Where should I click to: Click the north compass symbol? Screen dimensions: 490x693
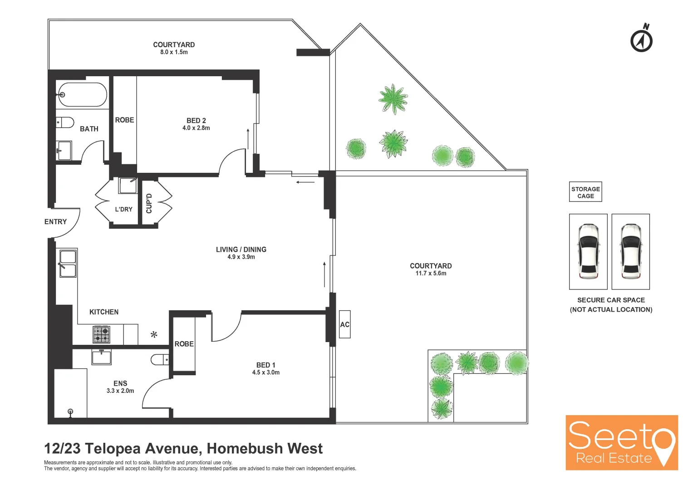[x=641, y=39]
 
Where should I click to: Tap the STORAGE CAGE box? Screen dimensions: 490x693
[x=585, y=192]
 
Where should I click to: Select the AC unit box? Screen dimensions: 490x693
[x=345, y=324]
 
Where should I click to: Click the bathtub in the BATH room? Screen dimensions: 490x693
[x=82, y=94]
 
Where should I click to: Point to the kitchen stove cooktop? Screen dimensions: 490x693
[x=102, y=335]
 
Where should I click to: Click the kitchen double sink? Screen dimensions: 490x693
[x=68, y=263]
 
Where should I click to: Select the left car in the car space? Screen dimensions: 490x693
[x=588, y=251]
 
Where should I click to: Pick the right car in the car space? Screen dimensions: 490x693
[x=630, y=251]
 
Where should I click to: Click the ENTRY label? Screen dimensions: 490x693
[x=55, y=222]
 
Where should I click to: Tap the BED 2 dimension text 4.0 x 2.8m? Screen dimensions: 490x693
[x=196, y=128]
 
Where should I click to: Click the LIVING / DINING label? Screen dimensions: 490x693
[x=241, y=250]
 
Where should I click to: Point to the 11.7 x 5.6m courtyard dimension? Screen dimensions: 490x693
[x=431, y=274]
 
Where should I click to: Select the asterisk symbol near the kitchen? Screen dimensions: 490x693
[x=154, y=335]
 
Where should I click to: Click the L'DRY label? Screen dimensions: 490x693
[x=123, y=209]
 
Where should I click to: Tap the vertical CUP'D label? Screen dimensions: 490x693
[x=149, y=203]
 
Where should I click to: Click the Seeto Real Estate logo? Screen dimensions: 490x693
[x=621, y=442]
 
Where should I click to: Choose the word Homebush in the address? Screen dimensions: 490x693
[x=245, y=449]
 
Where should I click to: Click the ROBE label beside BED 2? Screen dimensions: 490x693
[x=124, y=120]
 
